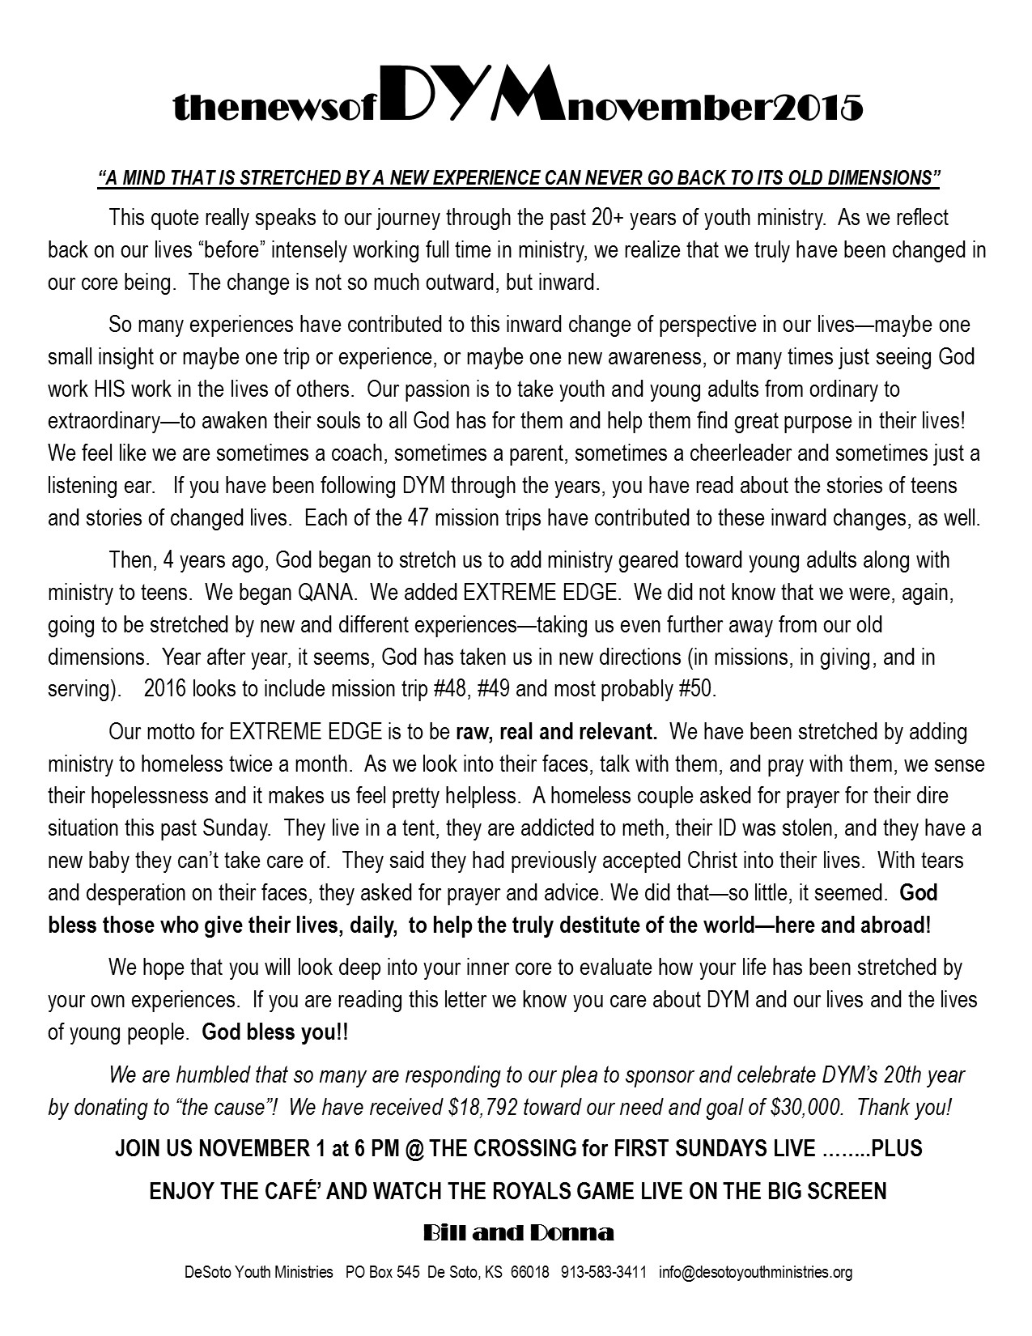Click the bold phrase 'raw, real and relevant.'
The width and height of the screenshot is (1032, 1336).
coord(556,732)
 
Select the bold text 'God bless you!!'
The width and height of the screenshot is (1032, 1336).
coord(276,1032)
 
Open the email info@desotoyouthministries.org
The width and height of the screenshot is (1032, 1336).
coord(755,1272)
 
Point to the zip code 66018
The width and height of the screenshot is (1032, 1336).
coord(531,1272)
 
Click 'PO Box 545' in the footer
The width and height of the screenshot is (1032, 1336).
coord(382,1272)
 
